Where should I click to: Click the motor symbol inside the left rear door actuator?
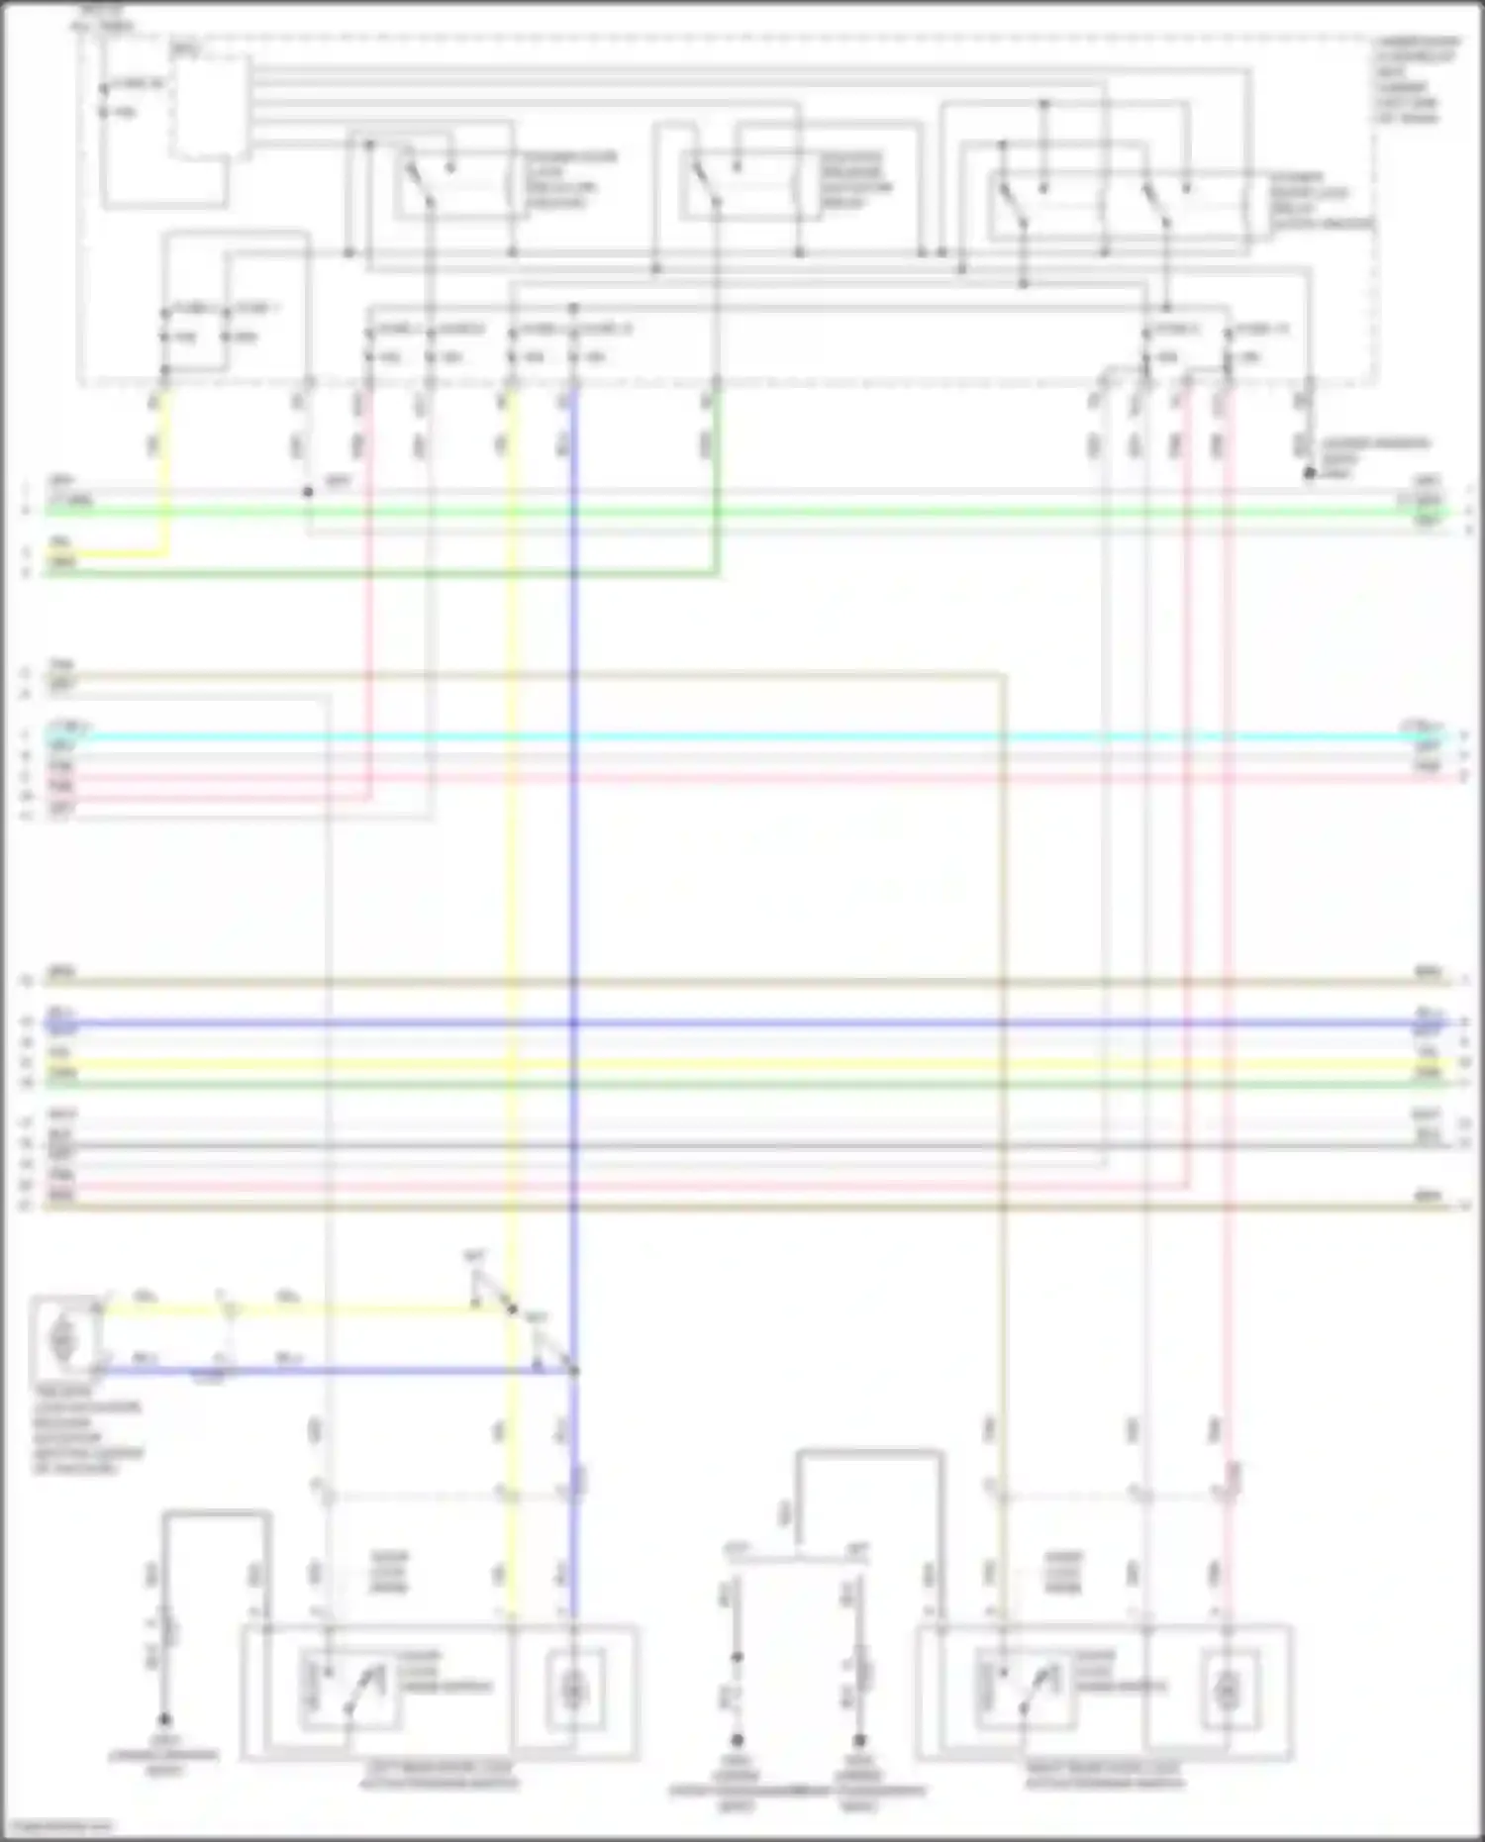point(573,1691)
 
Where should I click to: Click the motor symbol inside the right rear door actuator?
point(1226,1691)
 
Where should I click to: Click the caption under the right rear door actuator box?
point(1104,1776)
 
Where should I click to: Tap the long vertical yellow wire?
point(511,891)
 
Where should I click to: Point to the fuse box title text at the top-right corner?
point(1417,80)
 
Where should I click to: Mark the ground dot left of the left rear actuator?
point(165,1720)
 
